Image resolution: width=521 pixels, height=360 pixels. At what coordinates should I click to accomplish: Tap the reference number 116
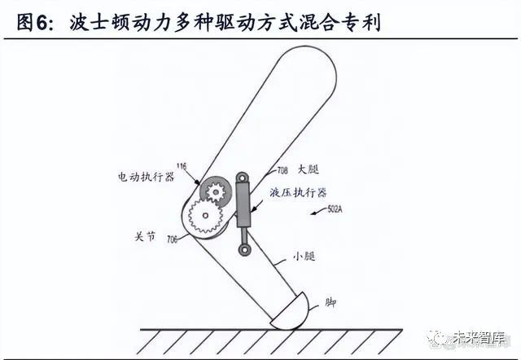point(181,166)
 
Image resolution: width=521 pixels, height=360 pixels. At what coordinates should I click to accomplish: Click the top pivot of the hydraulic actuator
point(243,178)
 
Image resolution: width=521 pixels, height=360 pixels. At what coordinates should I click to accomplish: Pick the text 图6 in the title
point(32,23)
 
